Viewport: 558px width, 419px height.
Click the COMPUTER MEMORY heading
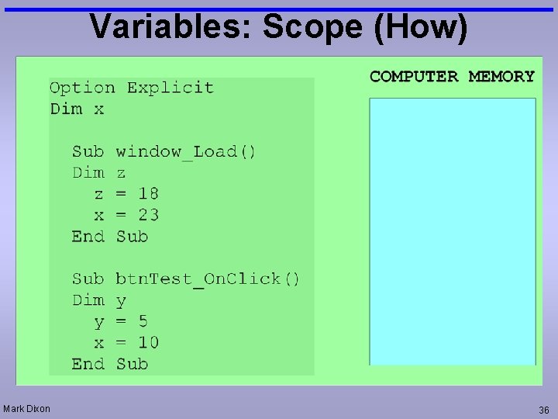pos(452,76)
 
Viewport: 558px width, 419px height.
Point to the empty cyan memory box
pos(452,231)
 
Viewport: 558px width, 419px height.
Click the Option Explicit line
pos(131,88)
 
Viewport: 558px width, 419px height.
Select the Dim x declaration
pos(77,109)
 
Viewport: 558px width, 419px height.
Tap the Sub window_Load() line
pos(164,151)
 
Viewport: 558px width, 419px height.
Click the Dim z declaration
pos(99,172)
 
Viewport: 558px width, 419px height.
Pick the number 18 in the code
pos(148,193)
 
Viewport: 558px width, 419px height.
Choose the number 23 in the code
pos(148,214)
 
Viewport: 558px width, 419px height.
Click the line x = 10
pos(126,342)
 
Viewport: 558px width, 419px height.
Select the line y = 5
pos(121,321)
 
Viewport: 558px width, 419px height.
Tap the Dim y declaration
pos(99,300)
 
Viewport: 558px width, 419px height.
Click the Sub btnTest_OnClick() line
pos(186,279)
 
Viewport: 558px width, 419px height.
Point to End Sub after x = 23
pos(109,236)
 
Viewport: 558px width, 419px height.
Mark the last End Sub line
pos(109,363)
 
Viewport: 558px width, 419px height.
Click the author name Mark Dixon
pos(27,408)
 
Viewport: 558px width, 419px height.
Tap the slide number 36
pos(543,409)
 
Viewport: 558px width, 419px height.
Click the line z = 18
pos(126,193)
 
